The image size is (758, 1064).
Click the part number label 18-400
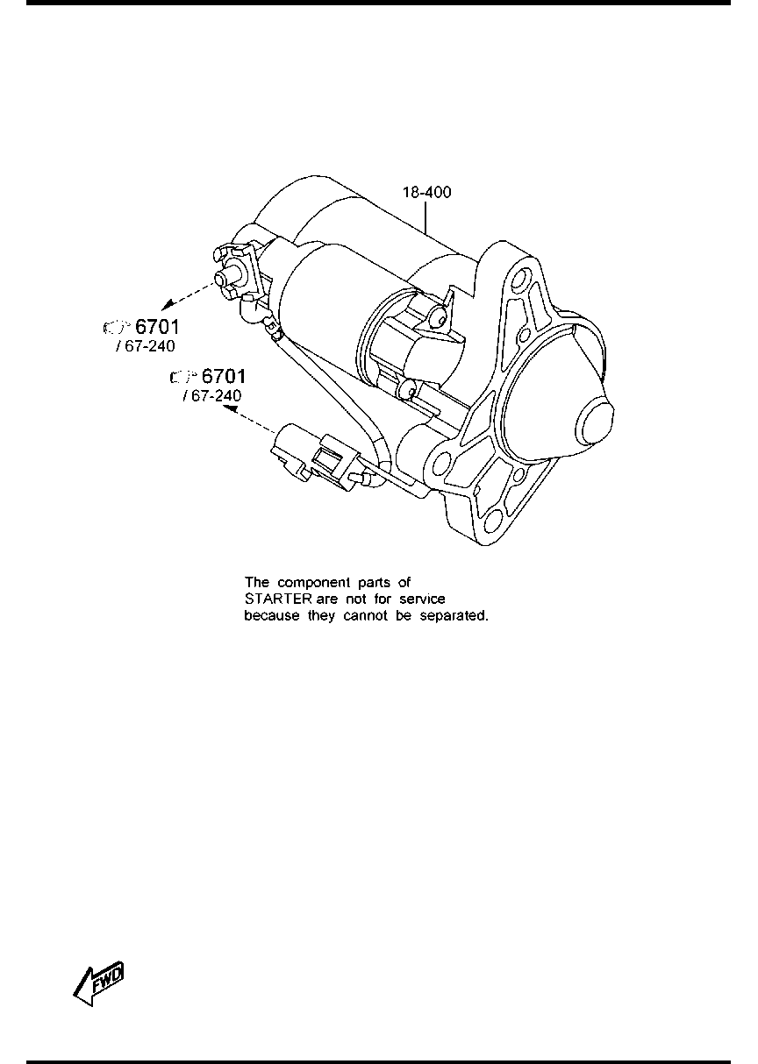426,192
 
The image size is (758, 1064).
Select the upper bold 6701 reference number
157,327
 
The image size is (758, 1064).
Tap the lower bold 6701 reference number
224,376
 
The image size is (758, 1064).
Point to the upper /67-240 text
146,346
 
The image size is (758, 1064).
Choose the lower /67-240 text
211,395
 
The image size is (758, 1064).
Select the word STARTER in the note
278,599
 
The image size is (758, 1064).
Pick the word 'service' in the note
422,599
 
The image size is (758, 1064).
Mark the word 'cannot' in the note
363,616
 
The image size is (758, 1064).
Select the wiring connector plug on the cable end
314,458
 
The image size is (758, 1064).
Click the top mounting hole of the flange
522,276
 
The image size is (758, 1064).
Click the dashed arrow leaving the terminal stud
188,295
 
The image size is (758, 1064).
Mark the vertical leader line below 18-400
425,218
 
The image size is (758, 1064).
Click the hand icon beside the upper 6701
117,327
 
